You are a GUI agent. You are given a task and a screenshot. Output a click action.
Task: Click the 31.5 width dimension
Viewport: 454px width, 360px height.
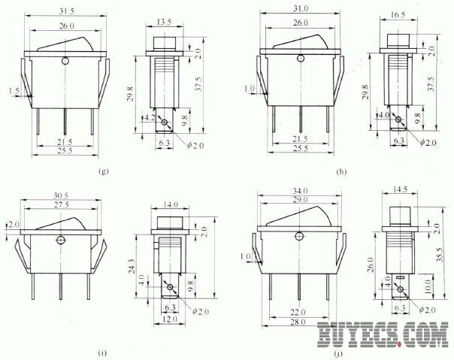pyautogui.click(x=67, y=11)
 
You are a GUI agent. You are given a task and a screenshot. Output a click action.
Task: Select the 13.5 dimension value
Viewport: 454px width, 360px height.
pyautogui.click(x=164, y=22)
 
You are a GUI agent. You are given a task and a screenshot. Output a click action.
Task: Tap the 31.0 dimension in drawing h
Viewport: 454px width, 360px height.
pyautogui.click(x=301, y=9)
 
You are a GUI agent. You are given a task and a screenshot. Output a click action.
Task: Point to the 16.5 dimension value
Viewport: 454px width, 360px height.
pyautogui.click(x=398, y=15)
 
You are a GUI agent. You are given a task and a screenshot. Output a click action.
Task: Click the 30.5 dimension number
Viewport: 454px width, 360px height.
pyautogui.click(x=61, y=196)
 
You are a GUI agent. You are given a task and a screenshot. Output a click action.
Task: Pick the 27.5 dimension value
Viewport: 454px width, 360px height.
pyautogui.click(x=62, y=204)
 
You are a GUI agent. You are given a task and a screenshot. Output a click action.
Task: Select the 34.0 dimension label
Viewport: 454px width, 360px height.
pyautogui.click(x=300, y=191)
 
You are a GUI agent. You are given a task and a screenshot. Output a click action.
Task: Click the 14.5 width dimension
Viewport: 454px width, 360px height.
pyautogui.click(x=400, y=189)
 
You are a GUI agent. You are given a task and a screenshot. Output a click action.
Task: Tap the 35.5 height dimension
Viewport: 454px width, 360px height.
pyautogui.click(x=440, y=255)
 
